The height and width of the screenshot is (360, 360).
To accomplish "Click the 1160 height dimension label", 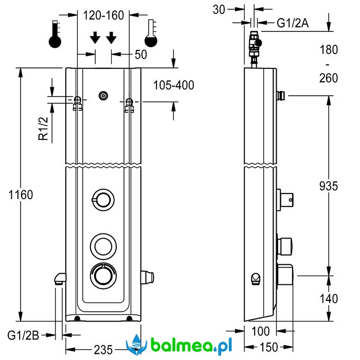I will click(x=21, y=195).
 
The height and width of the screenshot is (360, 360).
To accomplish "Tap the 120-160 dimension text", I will click(x=103, y=15).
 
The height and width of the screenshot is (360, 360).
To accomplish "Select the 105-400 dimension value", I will click(x=174, y=85).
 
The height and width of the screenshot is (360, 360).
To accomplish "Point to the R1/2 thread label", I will click(x=44, y=129).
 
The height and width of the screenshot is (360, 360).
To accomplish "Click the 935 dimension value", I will click(x=327, y=186).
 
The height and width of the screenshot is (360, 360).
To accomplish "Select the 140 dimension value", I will click(x=327, y=298).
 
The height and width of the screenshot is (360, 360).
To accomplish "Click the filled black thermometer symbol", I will click(x=55, y=34).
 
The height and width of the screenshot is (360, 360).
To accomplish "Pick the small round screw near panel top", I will click(x=104, y=95).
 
